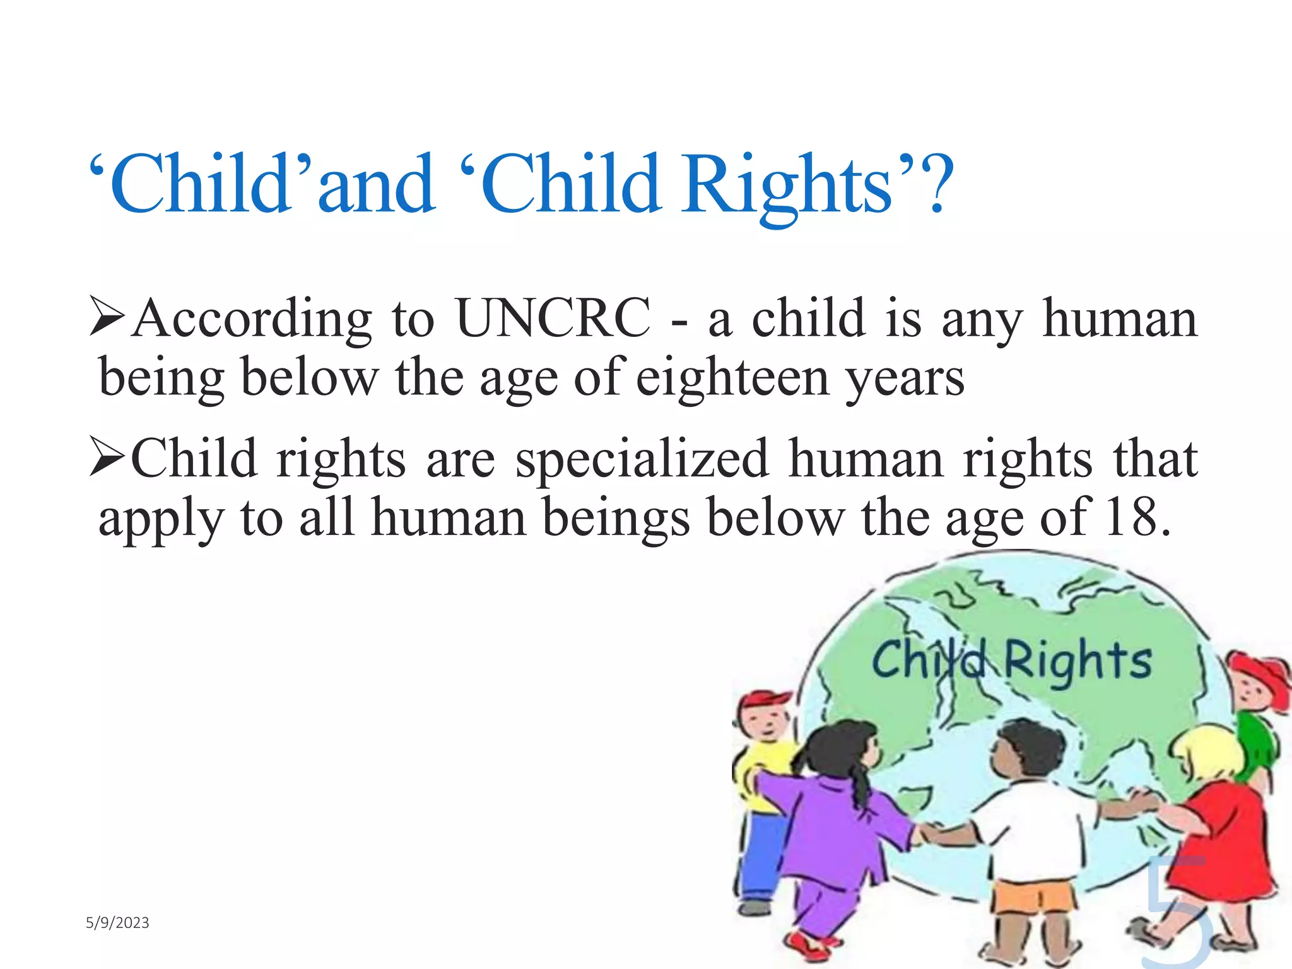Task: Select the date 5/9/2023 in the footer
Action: [x=117, y=923]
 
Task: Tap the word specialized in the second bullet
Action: [x=642, y=459]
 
